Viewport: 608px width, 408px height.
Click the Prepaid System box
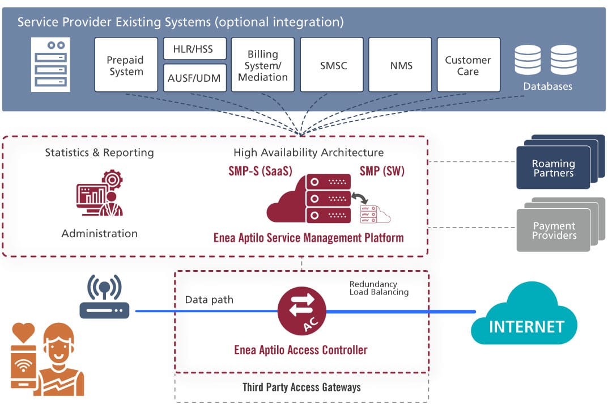(x=126, y=65)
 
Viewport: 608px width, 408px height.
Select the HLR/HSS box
(x=194, y=49)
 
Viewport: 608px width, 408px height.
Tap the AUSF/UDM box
(x=194, y=78)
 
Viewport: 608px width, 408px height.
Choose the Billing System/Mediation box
(x=263, y=65)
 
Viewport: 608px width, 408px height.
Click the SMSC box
(x=331, y=65)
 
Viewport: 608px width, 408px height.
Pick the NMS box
(x=400, y=65)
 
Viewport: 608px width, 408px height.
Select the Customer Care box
(x=468, y=65)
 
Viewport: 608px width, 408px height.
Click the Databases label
(x=547, y=87)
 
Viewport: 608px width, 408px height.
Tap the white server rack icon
(x=51, y=65)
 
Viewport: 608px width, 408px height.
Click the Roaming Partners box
(x=554, y=168)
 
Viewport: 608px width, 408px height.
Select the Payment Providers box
(x=554, y=230)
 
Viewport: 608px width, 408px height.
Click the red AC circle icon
(x=301, y=310)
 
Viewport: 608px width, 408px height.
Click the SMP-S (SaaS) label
(x=260, y=171)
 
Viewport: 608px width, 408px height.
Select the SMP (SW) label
(x=382, y=171)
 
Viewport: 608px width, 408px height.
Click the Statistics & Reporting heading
(x=99, y=153)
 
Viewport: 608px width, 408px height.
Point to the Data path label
(x=209, y=300)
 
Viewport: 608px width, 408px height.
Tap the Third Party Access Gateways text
(x=301, y=388)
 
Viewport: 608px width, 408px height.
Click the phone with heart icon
(x=23, y=356)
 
